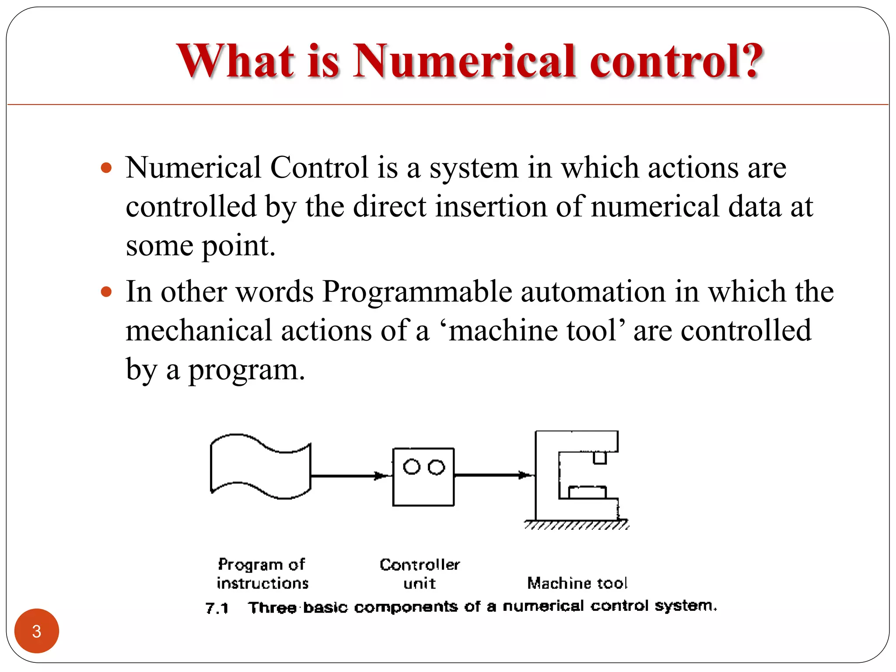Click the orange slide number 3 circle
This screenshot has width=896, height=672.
pyautogui.click(x=37, y=631)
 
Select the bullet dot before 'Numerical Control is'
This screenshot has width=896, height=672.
pyautogui.click(x=106, y=168)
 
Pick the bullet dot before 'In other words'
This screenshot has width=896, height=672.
pyautogui.click(x=106, y=291)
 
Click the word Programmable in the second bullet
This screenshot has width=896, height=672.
pyautogui.click(x=417, y=292)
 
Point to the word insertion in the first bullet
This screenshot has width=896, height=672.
pyautogui.click(x=491, y=206)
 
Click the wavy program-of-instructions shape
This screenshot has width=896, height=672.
pyautogui.click(x=261, y=466)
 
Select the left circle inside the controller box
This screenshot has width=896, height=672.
pyautogui.click(x=412, y=466)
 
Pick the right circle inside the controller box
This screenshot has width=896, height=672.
pyautogui.click(x=436, y=467)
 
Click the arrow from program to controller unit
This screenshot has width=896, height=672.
pyautogui.click(x=350, y=476)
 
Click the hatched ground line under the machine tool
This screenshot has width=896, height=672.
pyautogui.click(x=577, y=525)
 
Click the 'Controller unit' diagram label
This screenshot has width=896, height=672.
pyautogui.click(x=420, y=574)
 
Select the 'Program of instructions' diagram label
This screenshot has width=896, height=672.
pyautogui.click(x=262, y=574)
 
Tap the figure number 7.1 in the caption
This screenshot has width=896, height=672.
pyautogui.click(x=217, y=608)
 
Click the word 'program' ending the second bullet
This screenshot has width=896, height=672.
pyautogui.click(x=246, y=370)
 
